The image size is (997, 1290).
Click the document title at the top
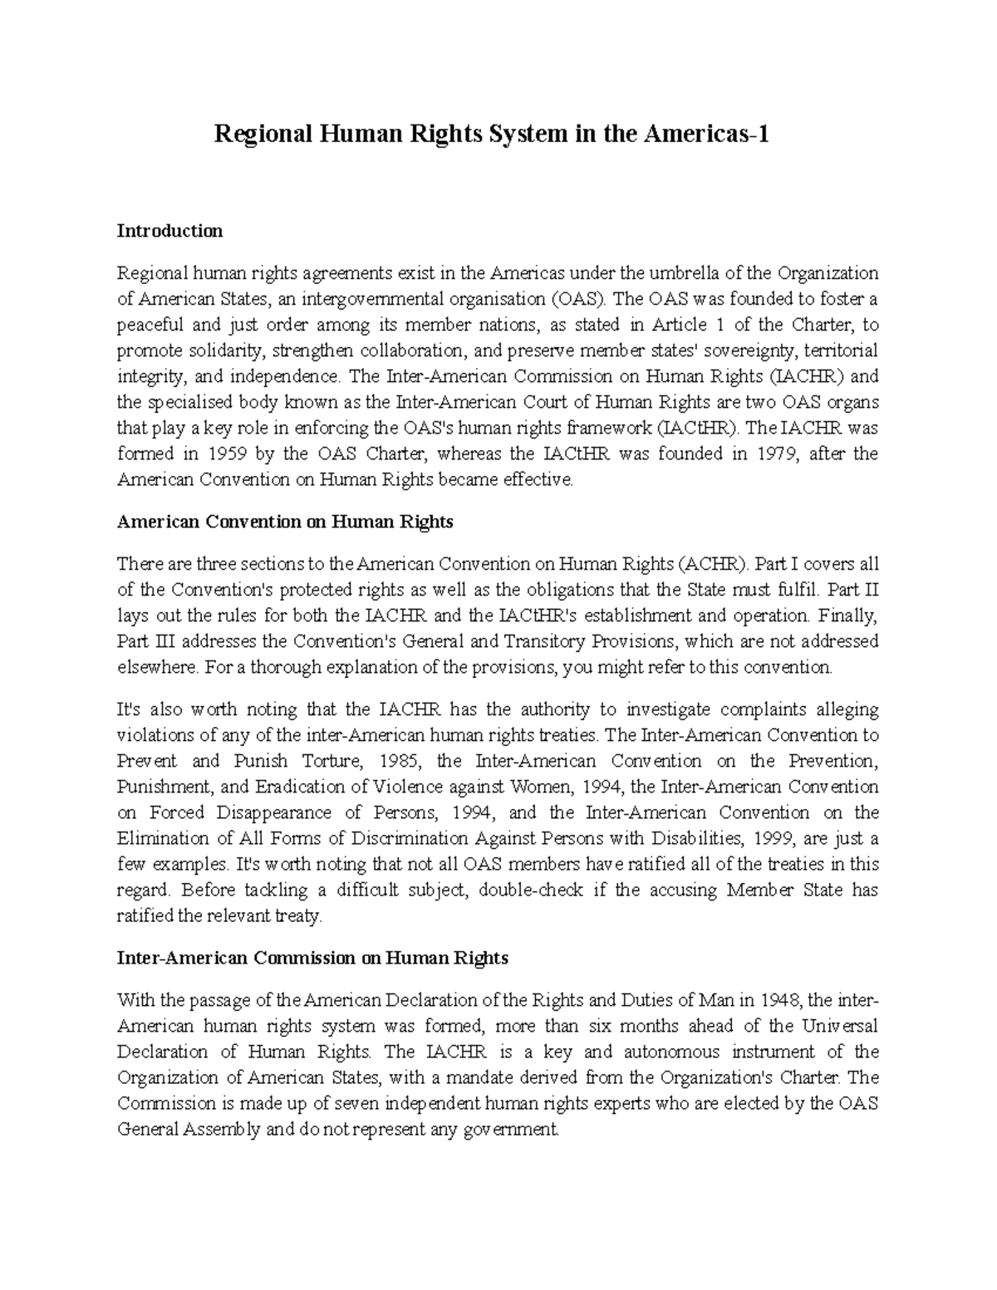coord(492,133)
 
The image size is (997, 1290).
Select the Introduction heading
coord(169,231)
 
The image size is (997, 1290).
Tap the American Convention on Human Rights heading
coord(285,522)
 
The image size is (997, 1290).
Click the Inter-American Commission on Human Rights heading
coord(312,958)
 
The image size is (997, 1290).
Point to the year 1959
coord(227,454)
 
